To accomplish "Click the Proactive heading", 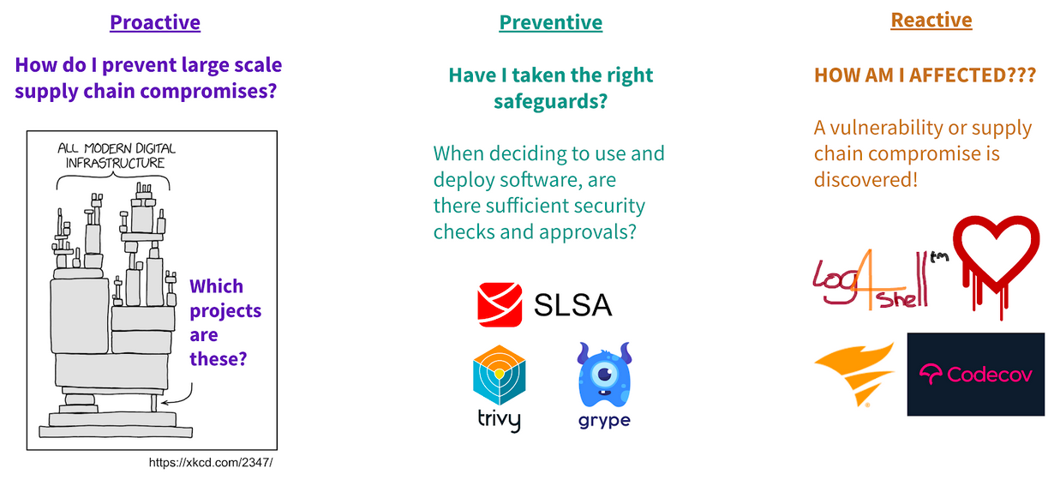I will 155,21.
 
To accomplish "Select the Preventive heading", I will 551,21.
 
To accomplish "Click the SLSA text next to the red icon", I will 573,305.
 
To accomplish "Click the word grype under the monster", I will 604,420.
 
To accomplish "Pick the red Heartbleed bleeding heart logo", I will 997,262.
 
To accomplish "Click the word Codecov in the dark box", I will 990,375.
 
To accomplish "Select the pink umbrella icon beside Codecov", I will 932,374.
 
